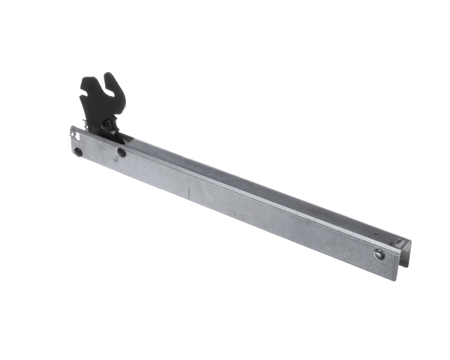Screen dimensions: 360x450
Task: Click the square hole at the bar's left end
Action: click(76, 135)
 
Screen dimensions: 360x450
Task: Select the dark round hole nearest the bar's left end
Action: click(78, 152)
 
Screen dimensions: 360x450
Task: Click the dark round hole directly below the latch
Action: click(121, 153)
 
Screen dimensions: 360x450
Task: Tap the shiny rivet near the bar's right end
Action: click(379, 254)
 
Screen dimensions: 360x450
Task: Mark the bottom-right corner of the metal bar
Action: click(397, 280)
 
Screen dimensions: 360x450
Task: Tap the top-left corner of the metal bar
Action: click(72, 127)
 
